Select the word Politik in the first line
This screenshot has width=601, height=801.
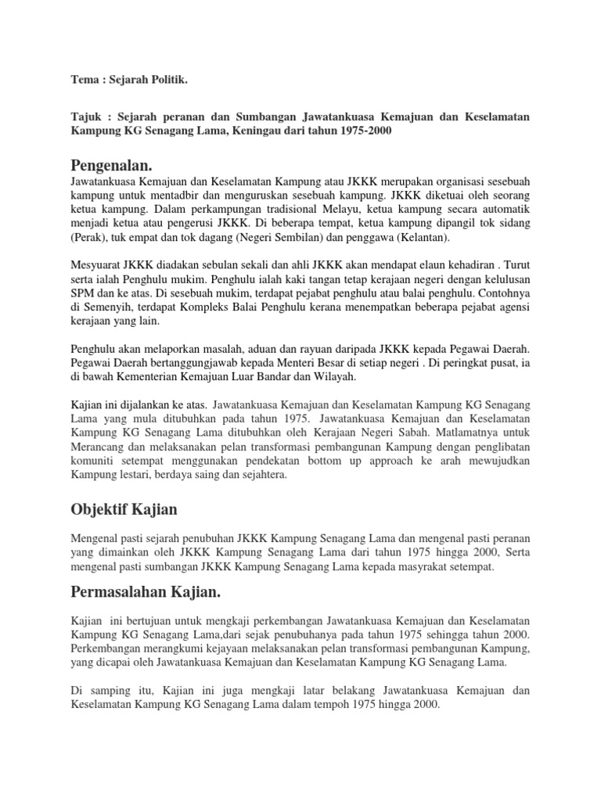(171, 80)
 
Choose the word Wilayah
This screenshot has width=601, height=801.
(333, 376)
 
